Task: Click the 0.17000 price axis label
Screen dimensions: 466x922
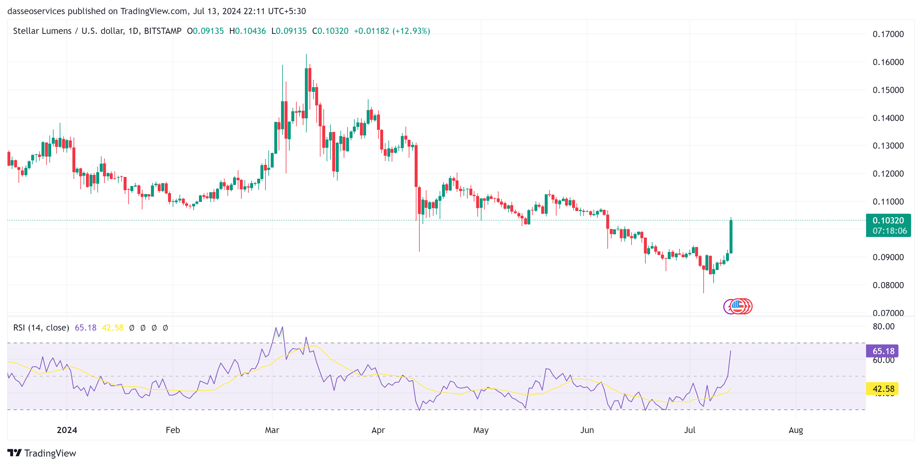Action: [x=888, y=34]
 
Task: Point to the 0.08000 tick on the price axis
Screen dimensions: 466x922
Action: [x=888, y=285]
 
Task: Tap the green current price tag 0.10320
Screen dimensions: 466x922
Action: [x=888, y=221]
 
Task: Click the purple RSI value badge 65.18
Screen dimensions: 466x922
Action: [x=883, y=351]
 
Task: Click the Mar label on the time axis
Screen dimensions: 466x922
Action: [x=272, y=430]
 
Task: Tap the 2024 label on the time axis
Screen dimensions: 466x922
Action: [x=67, y=430]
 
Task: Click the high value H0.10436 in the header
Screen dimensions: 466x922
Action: [x=247, y=31]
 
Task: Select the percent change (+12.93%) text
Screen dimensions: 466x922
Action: [x=411, y=31]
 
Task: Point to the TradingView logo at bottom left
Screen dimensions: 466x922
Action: [x=42, y=453]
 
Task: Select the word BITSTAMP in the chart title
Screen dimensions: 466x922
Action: [x=162, y=31]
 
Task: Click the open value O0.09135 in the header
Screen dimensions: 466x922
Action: [x=205, y=31]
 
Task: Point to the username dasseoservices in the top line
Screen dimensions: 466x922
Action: [x=36, y=11]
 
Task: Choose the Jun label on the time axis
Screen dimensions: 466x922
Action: [x=587, y=430]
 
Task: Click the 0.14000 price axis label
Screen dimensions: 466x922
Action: [x=888, y=118]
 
